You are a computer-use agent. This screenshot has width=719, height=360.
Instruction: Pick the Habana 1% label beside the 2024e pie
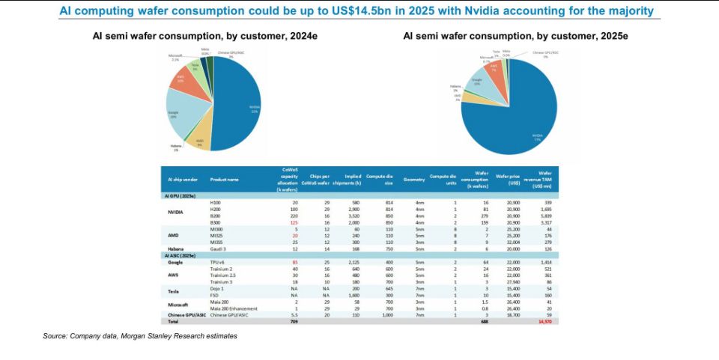click(x=175, y=147)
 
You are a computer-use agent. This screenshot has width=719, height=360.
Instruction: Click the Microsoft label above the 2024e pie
click(x=175, y=56)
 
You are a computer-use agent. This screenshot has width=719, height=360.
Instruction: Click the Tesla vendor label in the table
click(x=174, y=289)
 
